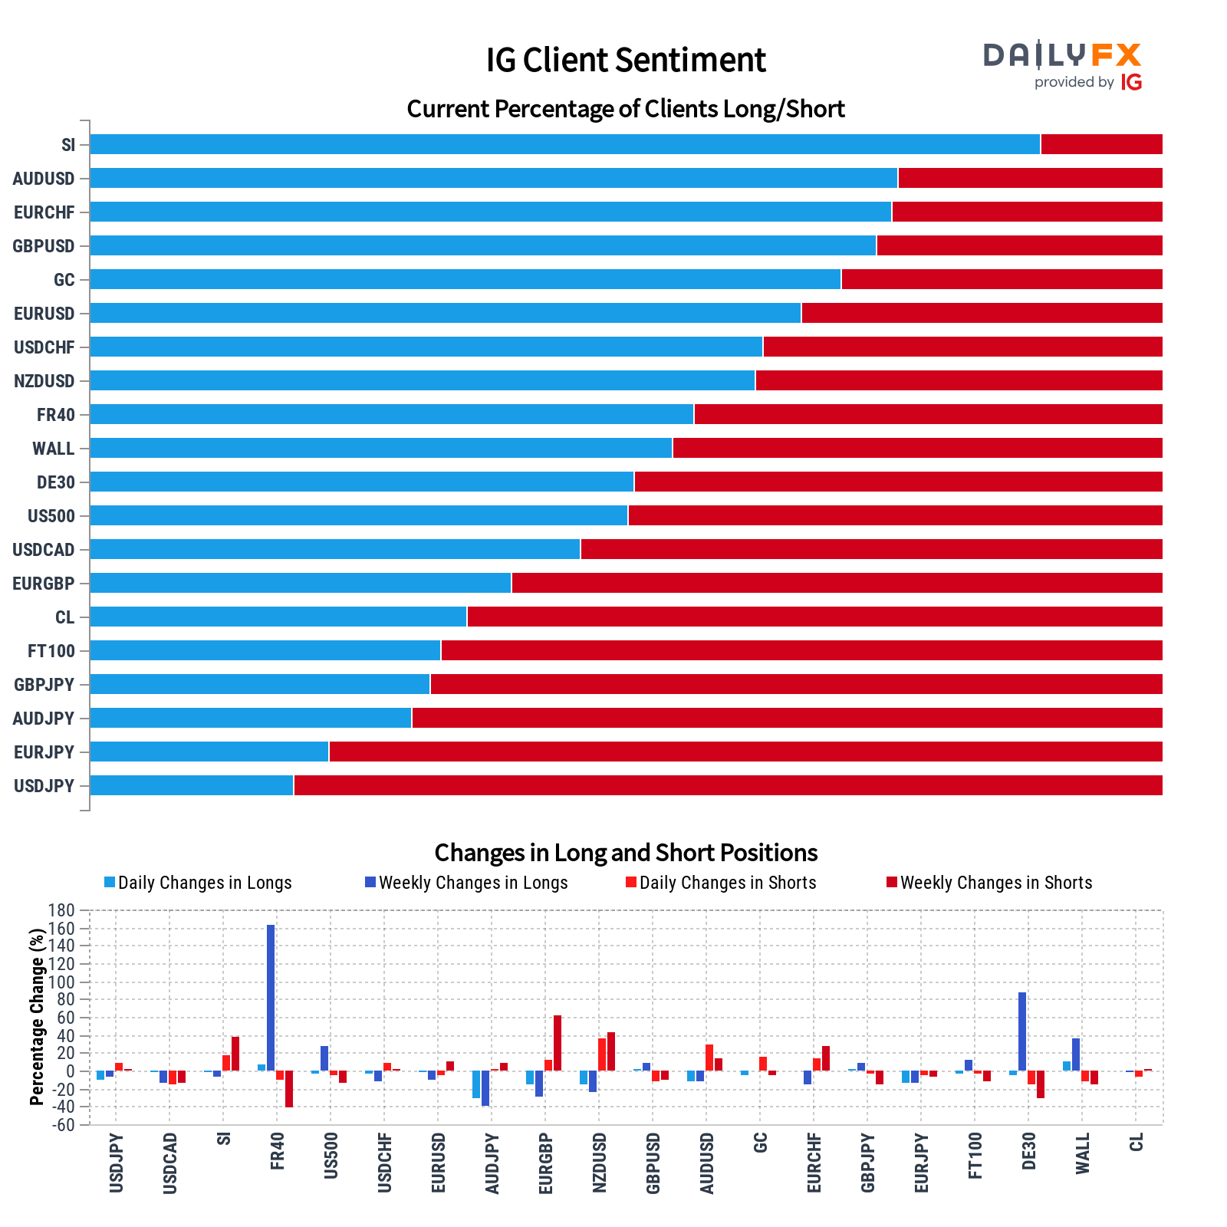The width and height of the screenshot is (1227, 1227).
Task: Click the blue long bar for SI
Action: click(x=564, y=144)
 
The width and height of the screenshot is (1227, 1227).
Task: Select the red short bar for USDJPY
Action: click(x=727, y=785)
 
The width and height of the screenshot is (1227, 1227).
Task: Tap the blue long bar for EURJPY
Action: click(x=209, y=752)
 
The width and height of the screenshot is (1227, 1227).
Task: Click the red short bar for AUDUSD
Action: click(x=1030, y=178)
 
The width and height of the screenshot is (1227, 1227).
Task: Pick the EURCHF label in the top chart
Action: click(x=44, y=212)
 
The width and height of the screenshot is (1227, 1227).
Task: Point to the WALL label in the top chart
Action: click(x=54, y=449)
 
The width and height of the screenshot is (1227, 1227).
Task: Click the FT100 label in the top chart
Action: click(x=51, y=651)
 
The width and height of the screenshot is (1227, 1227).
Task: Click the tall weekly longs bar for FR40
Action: click(x=271, y=997)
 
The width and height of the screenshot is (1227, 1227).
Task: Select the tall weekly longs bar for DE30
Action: click(x=1022, y=1031)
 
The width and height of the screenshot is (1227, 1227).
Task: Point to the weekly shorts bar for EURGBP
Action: click(x=558, y=1043)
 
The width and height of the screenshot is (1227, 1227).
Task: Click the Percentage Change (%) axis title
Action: click(x=36, y=1017)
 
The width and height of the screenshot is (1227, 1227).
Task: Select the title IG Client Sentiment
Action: click(x=626, y=60)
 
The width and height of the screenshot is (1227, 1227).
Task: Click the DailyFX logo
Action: click(x=1063, y=64)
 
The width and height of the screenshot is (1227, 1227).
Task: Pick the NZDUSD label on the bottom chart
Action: click(x=600, y=1163)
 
